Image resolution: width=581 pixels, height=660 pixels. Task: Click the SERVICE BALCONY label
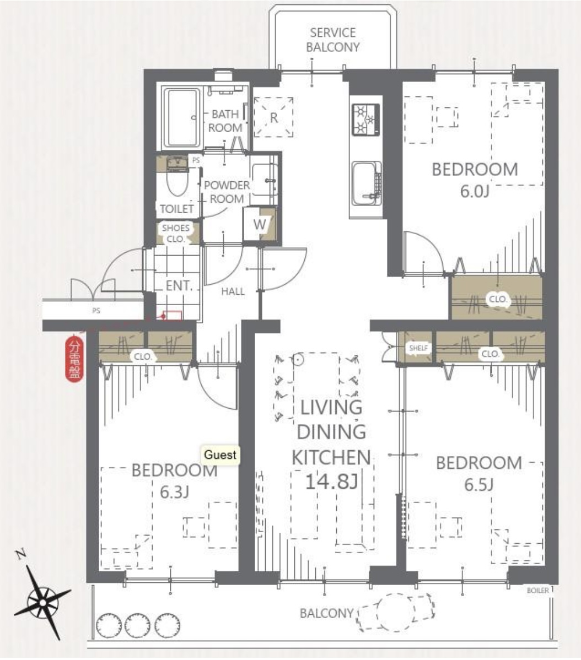point(332,40)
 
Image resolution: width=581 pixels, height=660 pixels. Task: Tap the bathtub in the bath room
point(182,117)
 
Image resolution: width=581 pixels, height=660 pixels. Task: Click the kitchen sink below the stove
point(367,183)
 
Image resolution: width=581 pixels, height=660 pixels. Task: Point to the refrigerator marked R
point(273,117)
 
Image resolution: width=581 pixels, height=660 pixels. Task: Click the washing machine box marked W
point(259,224)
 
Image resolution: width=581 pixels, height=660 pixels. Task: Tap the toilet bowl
point(177,182)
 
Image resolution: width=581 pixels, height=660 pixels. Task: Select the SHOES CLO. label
point(175,233)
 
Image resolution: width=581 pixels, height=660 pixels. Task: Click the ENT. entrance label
point(179,286)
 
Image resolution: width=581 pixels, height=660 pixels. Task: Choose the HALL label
point(233,291)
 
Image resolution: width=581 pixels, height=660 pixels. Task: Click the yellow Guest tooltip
point(220,455)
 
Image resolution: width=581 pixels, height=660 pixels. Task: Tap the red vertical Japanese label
point(74,360)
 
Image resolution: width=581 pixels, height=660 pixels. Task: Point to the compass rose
point(42,602)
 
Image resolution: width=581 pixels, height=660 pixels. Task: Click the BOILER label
point(537,591)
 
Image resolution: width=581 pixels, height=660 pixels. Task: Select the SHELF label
point(418,348)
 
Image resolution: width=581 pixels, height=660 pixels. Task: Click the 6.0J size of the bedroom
point(475,192)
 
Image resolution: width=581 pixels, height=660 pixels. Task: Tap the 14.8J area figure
point(331,482)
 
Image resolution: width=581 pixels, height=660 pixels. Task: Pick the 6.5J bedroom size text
point(478,485)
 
